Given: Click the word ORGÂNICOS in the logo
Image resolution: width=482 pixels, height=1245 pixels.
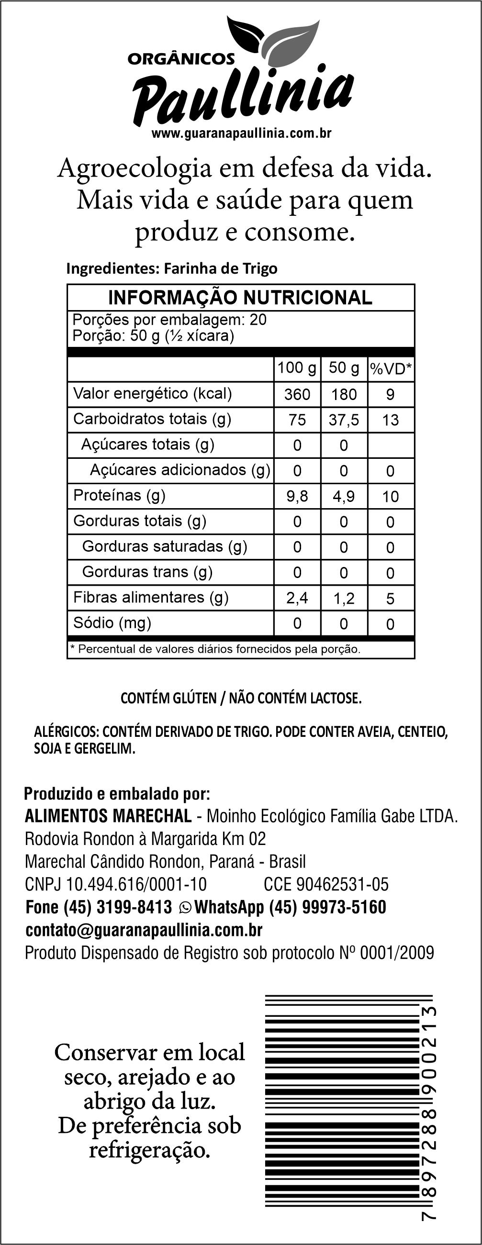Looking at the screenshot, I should pos(181,59).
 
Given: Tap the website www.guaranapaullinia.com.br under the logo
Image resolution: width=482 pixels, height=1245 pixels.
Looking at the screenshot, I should pos(241,133).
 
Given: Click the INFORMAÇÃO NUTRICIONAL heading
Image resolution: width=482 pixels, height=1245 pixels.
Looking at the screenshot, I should pos(240,298).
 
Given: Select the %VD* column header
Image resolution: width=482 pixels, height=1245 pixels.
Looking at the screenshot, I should pos(391,369).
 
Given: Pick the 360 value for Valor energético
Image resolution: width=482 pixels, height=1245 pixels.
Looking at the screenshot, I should pos(297,394).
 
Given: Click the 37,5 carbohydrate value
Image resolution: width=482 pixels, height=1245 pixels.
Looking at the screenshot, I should pos(344,420).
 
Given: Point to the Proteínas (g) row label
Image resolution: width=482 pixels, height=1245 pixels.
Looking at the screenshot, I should pos(119,495).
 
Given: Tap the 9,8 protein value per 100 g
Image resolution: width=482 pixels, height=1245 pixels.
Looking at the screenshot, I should pos(297,496).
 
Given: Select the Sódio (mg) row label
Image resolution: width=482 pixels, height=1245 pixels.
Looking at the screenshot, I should pos(112,622).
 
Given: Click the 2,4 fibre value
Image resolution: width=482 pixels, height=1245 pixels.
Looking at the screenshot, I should pos(297,598).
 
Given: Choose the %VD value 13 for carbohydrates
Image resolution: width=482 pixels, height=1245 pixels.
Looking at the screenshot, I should pos(390,420).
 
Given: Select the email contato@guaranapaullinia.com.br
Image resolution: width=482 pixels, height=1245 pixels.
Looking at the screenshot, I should pos(144,930).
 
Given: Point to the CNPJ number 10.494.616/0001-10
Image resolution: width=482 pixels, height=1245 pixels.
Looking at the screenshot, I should pos(136,884).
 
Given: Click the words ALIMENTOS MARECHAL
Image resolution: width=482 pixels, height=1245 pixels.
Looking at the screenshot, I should pos(108,816).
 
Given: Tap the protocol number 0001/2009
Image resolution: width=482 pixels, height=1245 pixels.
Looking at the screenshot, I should pos(397,953).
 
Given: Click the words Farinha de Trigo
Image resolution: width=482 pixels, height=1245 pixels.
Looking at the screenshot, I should pos(221,268).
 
